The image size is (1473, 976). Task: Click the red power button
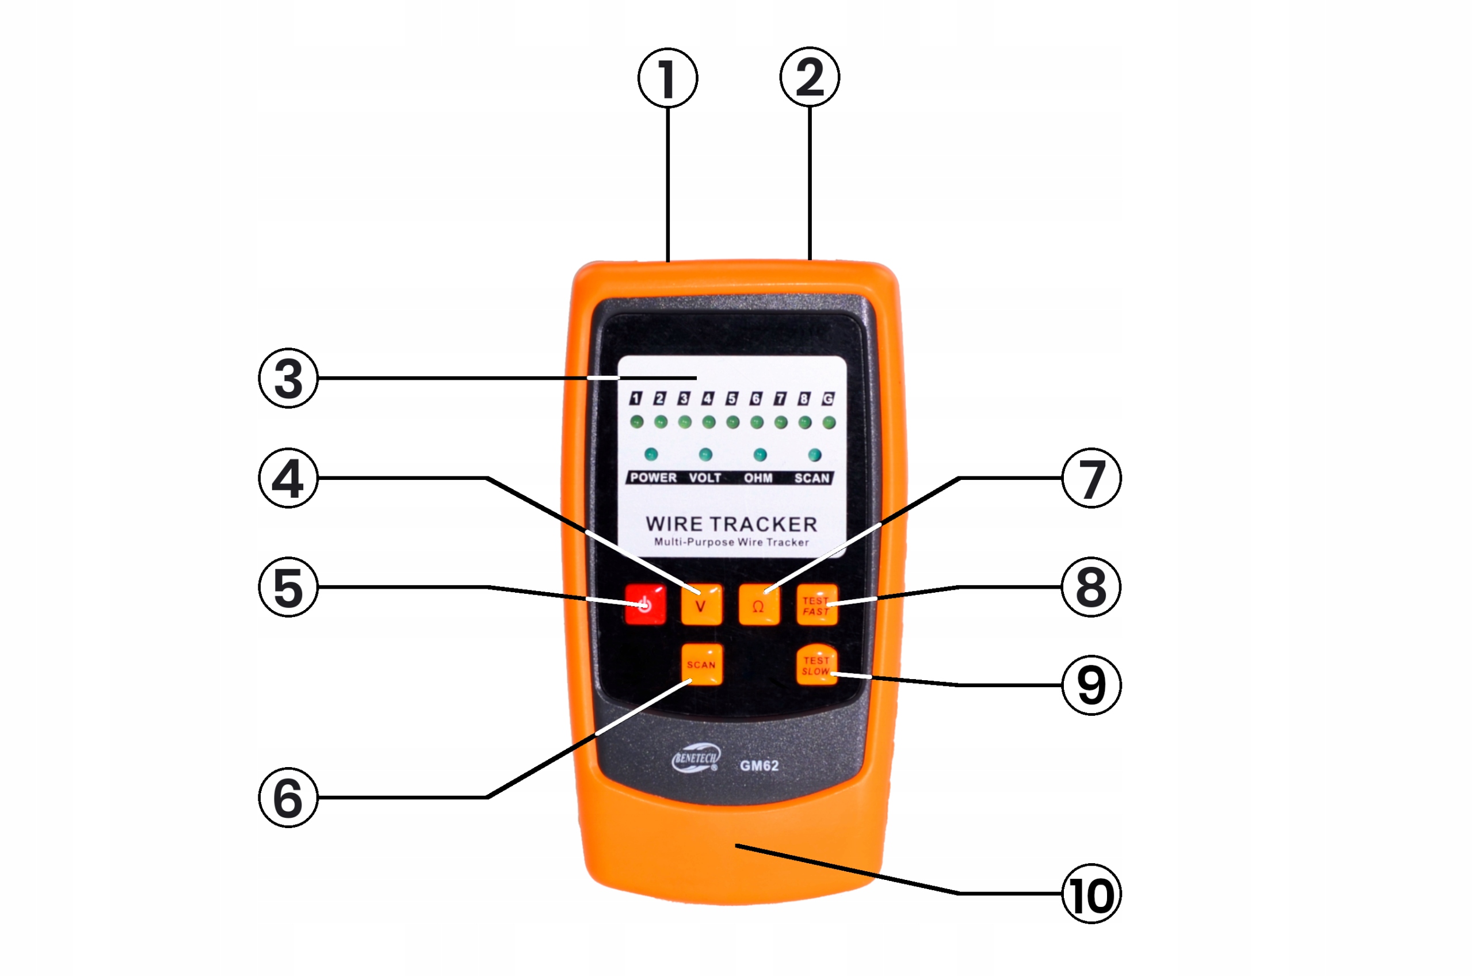pyautogui.click(x=646, y=604)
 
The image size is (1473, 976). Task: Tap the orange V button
pyautogui.click(x=701, y=604)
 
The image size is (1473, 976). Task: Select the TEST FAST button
pyautogui.click(x=817, y=604)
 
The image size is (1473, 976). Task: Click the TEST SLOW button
pyautogui.click(x=817, y=665)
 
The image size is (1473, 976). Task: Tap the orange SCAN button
pyautogui.click(x=701, y=664)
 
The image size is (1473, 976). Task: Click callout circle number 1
pyautogui.click(x=667, y=78)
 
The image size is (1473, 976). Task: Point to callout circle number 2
pyautogui.click(x=810, y=77)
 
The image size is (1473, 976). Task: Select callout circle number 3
pyautogui.click(x=288, y=378)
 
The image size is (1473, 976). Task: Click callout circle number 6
pyautogui.click(x=288, y=798)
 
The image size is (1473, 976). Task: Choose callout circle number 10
pyautogui.click(x=1091, y=894)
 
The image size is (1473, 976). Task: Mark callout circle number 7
pyautogui.click(x=1091, y=478)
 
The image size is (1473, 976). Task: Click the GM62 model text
pyautogui.click(x=758, y=765)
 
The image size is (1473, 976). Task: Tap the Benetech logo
pyautogui.click(x=695, y=759)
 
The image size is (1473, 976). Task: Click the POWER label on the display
pyautogui.click(x=653, y=478)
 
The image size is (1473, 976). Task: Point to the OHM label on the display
pyautogui.click(x=758, y=478)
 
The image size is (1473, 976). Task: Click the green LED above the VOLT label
pyautogui.click(x=705, y=455)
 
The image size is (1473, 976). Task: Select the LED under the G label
pyautogui.click(x=829, y=422)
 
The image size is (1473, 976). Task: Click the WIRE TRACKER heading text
pyautogui.click(x=731, y=524)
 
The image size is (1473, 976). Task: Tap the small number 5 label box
pyautogui.click(x=732, y=398)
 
